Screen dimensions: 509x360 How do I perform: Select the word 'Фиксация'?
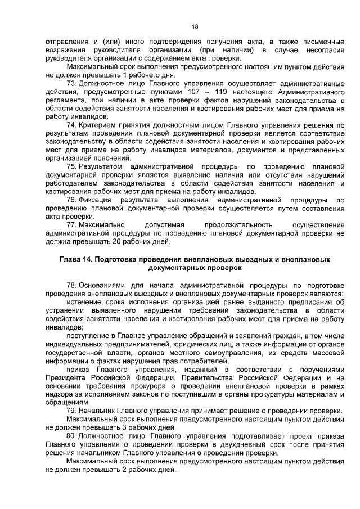click(96, 200)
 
